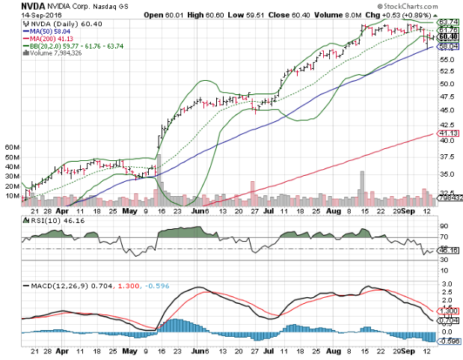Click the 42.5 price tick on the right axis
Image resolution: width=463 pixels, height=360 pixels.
(x=447, y=126)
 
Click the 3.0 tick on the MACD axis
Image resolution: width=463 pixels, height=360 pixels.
(x=446, y=285)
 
